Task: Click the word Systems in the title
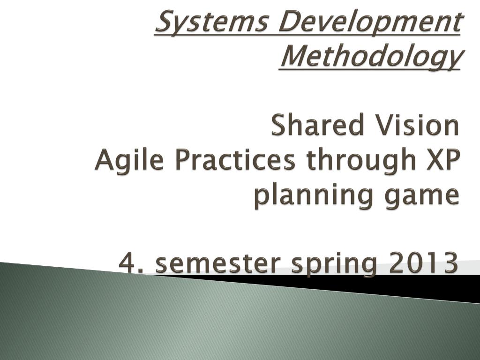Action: point(211,22)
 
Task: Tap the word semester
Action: point(218,263)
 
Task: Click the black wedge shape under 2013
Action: point(398,286)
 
